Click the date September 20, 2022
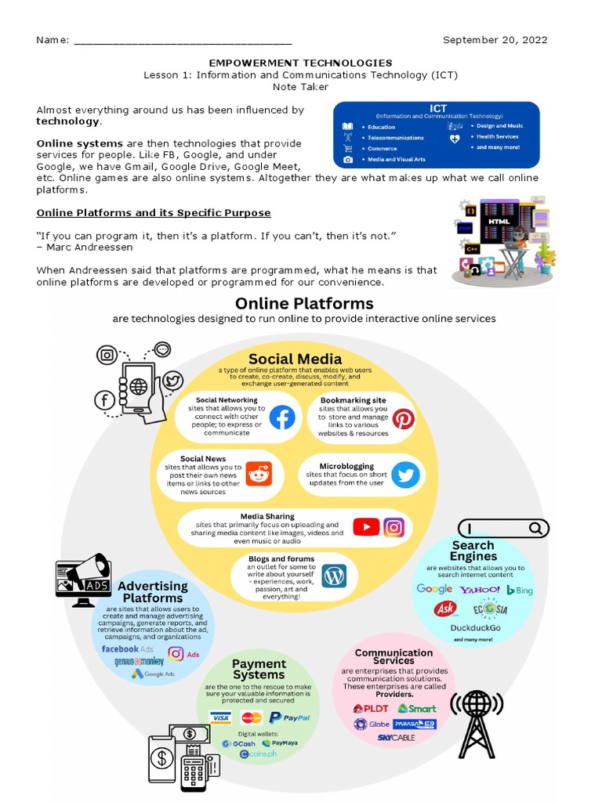[x=495, y=40]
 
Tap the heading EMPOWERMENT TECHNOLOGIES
[x=300, y=63]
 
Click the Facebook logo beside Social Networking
[x=282, y=418]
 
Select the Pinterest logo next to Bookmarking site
[x=404, y=419]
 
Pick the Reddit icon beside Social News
[x=257, y=474]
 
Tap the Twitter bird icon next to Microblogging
[x=405, y=475]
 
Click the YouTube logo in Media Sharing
[x=366, y=527]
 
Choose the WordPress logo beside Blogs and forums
[x=335, y=576]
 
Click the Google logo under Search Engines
[x=434, y=589]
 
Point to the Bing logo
[x=520, y=590]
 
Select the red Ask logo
[x=446, y=609]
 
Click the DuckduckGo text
[x=475, y=627]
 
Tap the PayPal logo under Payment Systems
[x=289, y=717]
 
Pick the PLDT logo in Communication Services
[x=371, y=708]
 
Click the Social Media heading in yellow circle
[x=295, y=359]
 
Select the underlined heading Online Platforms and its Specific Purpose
[x=154, y=213]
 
